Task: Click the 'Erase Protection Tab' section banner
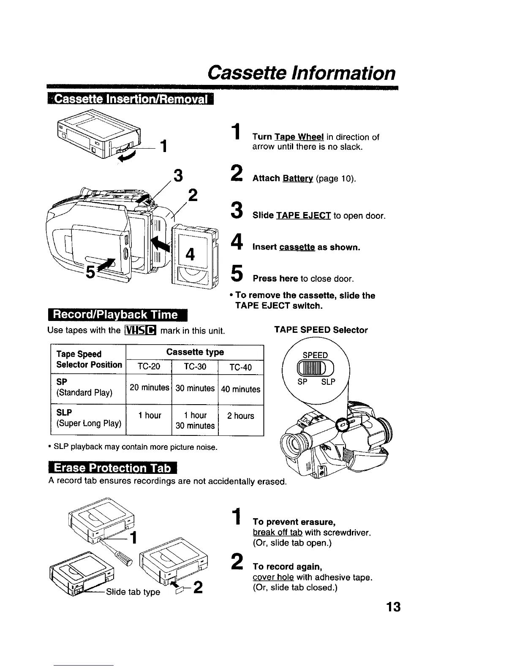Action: click(113, 468)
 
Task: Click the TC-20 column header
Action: click(149, 367)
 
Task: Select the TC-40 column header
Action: click(240, 367)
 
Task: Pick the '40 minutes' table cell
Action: click(240, 389)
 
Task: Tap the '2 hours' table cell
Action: click(240, 416)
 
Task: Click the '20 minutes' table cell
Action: click(149, 387)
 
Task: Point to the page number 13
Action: click(393, 607)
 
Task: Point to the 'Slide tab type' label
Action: click(133, 592)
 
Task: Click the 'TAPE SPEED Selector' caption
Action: click(321, 330)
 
